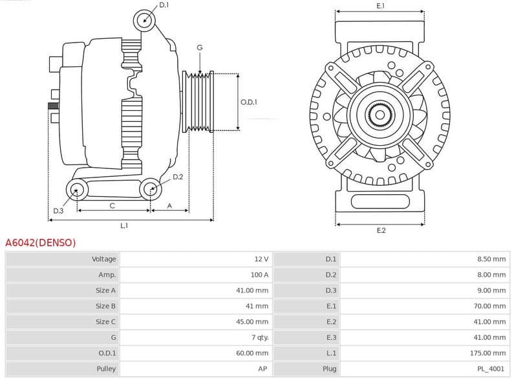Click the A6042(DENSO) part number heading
(x=40, y=243)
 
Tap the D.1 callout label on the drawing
(x=164, y=5)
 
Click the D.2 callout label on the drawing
(x=178, y=177)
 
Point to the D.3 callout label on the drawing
(x=58, y=211)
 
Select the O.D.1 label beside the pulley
(x=249, y=102)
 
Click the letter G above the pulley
(x=200, y=48)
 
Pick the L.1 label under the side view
(x=124, y=226)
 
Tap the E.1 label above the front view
(x=381, y=6)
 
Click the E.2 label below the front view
(x=381, y=231)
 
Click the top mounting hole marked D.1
(x=145, y=20)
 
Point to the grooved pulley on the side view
(x=198, y=101)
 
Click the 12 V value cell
(x=261, y=259)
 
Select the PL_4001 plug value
(x=491, y=369)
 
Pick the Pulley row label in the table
(x=105, y=369)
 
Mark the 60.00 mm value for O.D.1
(x=252, y=353)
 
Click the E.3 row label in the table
(x=331, y=337)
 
